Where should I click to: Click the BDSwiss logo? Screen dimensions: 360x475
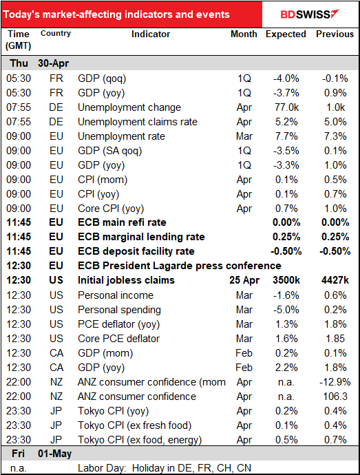coord(309,14)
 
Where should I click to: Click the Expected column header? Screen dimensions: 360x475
coord(286,34)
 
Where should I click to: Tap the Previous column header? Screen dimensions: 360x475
coord(335,34)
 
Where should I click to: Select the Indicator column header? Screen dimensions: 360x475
coord(151,34)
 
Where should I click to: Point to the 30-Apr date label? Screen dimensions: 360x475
coord(53,63)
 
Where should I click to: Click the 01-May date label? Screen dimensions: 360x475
coord(55,454)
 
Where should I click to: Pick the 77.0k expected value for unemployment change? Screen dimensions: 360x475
coord(286,107)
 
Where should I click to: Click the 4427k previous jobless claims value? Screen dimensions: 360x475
coord(335,280)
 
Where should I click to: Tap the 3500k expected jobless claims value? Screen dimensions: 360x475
coord(286,280)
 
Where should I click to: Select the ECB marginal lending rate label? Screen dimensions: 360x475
coord(141,237)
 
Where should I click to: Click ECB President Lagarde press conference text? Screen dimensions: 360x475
coord(180,266)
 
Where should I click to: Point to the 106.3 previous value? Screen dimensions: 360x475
coord(335,397)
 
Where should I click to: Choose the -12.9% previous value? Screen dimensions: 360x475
coord(335,382)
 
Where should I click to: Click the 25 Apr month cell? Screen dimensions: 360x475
coord(244,280)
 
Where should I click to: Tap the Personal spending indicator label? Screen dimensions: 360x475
coord(119,310)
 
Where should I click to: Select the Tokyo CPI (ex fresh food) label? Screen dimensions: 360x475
coord(134,425)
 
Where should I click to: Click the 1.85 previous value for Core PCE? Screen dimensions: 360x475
coord(335,339)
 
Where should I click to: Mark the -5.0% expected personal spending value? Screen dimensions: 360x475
coord(286,310)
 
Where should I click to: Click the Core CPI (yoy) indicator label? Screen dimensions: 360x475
coord(111,209)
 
